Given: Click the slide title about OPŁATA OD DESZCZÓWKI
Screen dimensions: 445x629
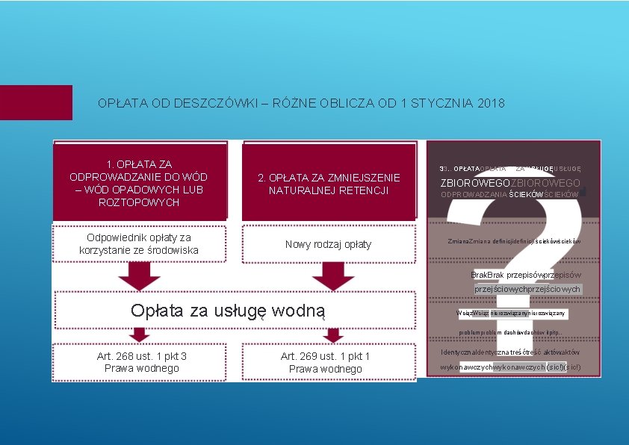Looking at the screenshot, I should [301, 103].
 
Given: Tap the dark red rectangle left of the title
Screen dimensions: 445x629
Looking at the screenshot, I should [36, 102].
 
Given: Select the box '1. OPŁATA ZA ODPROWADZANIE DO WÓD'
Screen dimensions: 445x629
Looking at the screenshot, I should [139, 183].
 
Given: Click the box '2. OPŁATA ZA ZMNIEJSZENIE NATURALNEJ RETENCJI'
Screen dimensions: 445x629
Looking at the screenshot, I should [329, 184].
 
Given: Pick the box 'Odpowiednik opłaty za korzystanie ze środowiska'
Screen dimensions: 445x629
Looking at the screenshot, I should [139, 243].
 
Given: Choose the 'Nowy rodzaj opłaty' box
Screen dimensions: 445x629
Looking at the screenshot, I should [329, 244].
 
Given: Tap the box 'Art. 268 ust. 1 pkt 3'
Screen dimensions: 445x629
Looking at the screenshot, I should [142, 362].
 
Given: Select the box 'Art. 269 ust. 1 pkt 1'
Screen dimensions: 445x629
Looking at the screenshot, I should [326, 362].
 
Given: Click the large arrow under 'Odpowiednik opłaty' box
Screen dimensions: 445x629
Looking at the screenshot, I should [139, 276].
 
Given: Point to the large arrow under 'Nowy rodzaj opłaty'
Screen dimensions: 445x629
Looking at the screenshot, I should [333, 276].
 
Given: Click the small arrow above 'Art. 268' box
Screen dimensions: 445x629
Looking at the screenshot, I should [139, 334].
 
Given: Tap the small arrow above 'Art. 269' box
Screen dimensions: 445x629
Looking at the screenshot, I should [333, 334].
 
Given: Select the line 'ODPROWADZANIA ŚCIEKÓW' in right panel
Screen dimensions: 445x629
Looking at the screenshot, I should [511, 196].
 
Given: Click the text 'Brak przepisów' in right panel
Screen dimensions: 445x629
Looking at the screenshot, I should [526, 275].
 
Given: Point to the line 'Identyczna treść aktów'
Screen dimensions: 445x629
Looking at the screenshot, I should [510, 352].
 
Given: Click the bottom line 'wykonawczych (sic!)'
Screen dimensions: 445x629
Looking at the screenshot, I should [510, 367].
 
